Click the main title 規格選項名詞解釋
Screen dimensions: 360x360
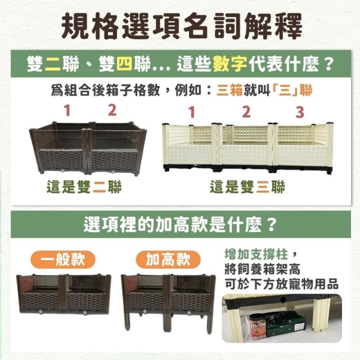click(x=181, y=26)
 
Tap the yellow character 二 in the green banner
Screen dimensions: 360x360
click(x=53, y=64)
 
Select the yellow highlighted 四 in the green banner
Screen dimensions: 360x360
click(x=124, y=64)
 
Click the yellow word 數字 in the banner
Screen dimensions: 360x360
click(x=230, y=64)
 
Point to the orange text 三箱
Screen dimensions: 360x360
click(x=229, y=90)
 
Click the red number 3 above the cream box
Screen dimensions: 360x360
click(x=300, y=112)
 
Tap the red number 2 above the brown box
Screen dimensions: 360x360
click(x=112, y=110)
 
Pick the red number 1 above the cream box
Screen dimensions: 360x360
click(x=192, y=112)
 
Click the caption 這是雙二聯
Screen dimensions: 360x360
click(x=84, y=186)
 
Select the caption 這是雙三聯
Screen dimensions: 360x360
click(x=247, y=186)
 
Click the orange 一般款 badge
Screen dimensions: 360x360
click(x=63, y=260)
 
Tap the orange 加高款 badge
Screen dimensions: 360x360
click(x=168, y=260)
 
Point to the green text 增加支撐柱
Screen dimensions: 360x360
click(x=256, y=254)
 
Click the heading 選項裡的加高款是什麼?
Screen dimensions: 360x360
click(x=181, y=224)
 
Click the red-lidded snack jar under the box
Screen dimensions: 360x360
click(x=255, y=326)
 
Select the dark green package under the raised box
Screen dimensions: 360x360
click(x=283, y=326)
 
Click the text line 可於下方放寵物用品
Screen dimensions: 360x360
click(x=281, y=283)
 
